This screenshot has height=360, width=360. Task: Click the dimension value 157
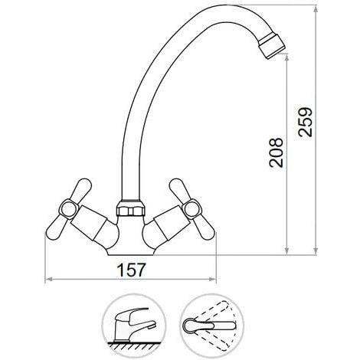tap(131, 270)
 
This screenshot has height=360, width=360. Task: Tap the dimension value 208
tap(276, 152)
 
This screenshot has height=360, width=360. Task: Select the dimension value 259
tap(306, 122)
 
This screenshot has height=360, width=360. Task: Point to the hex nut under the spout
tap(130, 208)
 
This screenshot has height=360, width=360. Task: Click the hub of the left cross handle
tap(68, 210)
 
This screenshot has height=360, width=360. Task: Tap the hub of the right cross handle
tap(193, 210)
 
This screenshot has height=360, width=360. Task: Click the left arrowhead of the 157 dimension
tap(48, 279)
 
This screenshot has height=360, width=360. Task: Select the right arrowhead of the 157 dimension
tap(213, 279)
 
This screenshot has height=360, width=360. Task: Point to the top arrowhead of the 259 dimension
tap(316, 8)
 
